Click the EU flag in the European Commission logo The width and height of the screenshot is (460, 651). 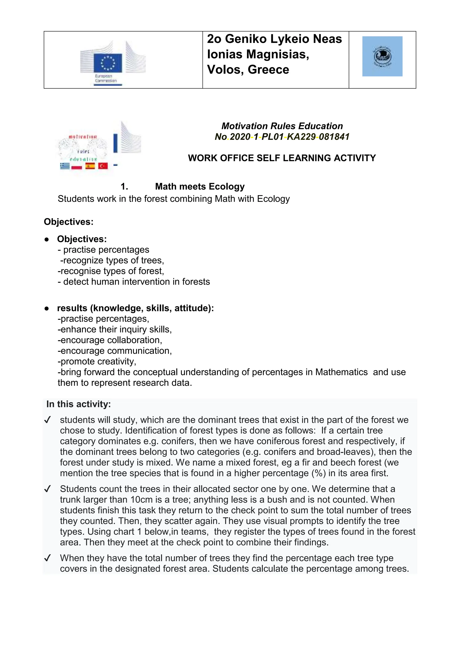click(108, 63)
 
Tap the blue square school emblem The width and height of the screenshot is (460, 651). click(382, 56)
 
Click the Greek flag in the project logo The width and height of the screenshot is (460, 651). click(65, 166)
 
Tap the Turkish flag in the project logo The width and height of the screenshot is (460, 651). click(103, 166)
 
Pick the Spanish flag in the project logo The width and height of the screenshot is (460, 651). click(90, 166)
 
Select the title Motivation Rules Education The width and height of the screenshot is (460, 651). click(282, 126)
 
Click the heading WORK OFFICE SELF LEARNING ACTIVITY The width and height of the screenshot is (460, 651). click(282, 158)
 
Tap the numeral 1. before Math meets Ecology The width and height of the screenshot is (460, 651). click(124, 187)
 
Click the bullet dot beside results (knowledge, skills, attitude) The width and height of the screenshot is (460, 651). click(47, 308)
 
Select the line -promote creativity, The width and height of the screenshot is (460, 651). click(97, 361)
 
